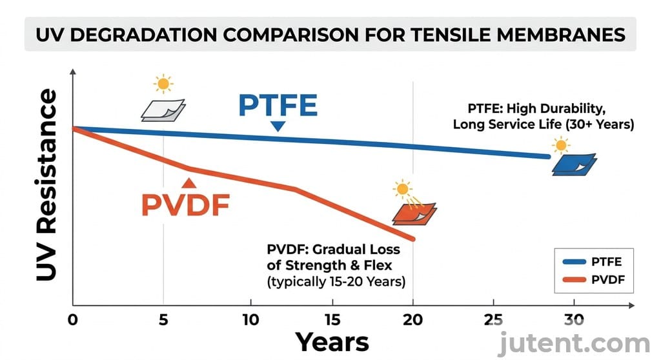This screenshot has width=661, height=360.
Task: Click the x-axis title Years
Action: tap(332, 341)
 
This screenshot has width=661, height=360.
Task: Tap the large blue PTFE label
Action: tap(278, 105)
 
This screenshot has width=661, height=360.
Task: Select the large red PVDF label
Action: tap(185, 205)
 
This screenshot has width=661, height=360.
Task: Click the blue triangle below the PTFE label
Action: tap(278, 126)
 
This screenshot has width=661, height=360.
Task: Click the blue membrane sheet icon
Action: tap(574, 165)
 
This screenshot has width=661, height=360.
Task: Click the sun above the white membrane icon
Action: tap(163, 83)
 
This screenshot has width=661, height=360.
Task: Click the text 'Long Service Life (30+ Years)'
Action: tap(543, 124)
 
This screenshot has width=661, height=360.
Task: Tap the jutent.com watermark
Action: tap(578, 343)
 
